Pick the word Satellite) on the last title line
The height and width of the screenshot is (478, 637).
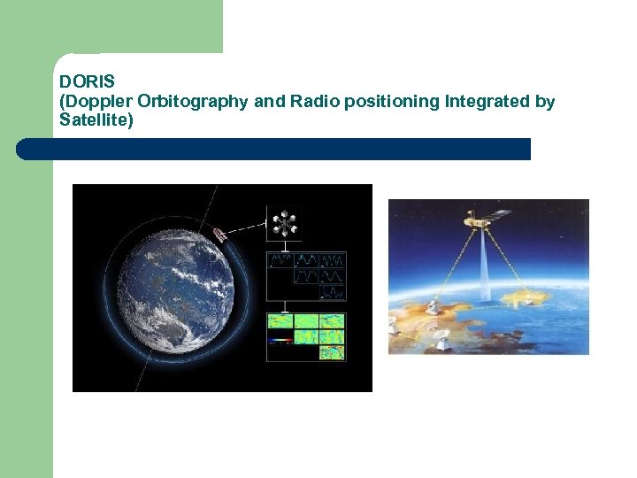click(x=96, y=119)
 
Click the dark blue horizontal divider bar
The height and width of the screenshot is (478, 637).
click(x=273, y=149)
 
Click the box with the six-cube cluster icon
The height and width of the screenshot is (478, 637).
click(x=284, y=222)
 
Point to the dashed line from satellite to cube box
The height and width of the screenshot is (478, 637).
click(x=246, y=228)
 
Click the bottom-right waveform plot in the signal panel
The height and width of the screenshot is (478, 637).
click(x=333, y=291)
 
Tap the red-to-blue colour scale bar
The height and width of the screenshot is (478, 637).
click(x=280, y=340)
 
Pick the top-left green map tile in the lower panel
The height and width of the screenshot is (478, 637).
click(x=281, y=321)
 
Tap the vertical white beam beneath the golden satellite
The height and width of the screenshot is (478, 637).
click(x=486, y=266)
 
